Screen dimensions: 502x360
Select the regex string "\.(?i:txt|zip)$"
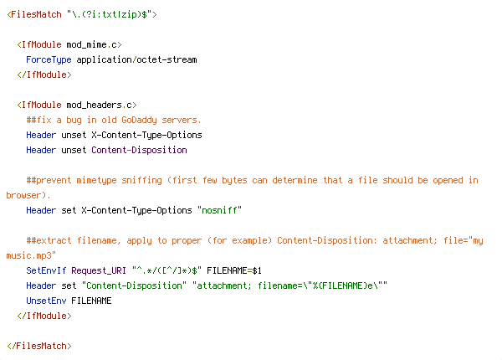109,14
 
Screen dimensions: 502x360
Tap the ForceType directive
49,60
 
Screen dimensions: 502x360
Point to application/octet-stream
136,60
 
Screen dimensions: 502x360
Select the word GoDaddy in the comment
139,120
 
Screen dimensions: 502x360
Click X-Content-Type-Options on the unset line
146,135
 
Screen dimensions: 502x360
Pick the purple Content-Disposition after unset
139,150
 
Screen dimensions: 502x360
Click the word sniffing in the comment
142,180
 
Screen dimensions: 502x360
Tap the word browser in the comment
23,195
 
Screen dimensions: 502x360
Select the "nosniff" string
219,210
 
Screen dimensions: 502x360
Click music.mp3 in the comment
28,255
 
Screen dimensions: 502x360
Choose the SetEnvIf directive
46,270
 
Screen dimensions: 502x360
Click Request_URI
99,270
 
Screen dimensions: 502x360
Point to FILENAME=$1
234,270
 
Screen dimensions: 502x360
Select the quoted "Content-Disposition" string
134,285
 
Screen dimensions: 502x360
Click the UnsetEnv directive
46,301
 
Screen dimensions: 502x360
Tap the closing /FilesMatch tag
39,346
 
